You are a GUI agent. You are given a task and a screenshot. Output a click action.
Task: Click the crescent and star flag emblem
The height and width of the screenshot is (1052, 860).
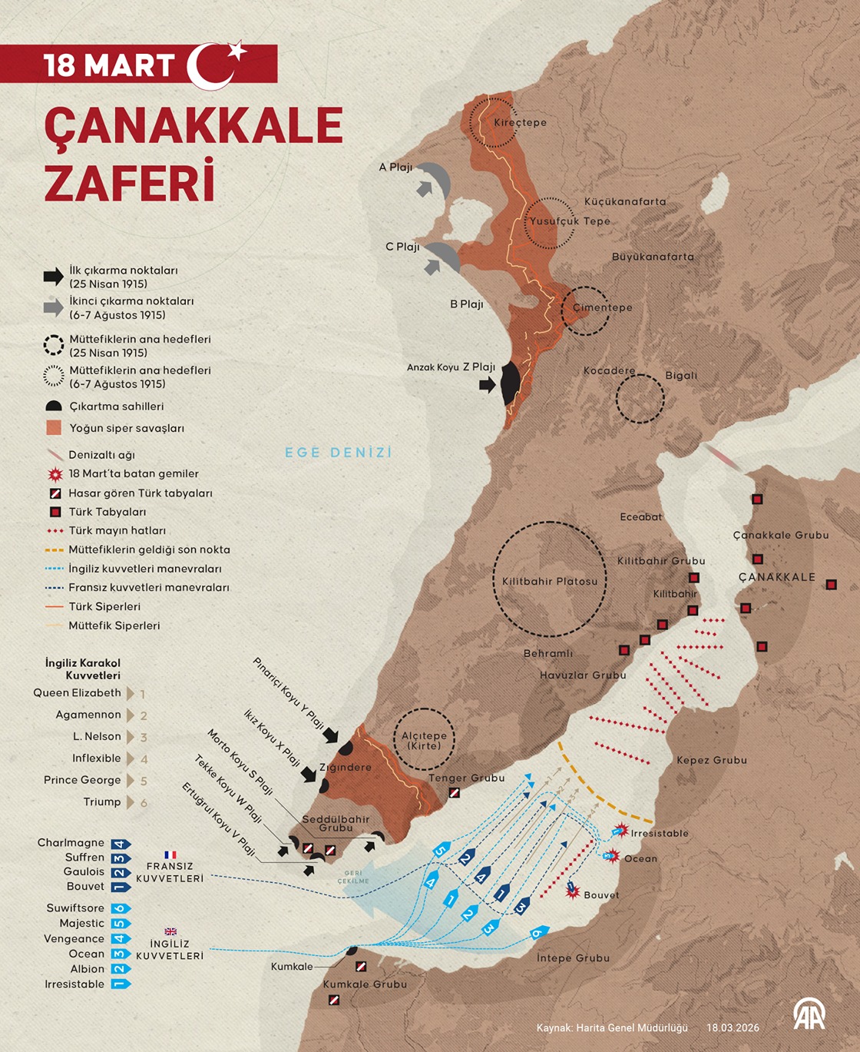217,65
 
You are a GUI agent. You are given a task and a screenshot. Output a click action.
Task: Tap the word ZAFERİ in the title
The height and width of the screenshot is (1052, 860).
128,182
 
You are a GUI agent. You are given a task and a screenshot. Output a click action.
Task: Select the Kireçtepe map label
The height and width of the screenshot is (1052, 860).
520,122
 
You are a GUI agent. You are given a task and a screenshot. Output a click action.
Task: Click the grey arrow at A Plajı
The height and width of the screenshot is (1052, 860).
425,188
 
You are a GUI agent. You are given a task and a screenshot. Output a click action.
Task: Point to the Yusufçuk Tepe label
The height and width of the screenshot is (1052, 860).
569,221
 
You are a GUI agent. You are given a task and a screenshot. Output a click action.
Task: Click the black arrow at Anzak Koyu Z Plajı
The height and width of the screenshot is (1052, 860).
487,385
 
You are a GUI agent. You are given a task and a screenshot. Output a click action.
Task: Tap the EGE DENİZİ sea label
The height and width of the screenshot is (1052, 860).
338,453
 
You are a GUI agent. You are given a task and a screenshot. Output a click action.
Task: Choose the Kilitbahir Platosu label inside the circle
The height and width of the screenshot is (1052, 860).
549,582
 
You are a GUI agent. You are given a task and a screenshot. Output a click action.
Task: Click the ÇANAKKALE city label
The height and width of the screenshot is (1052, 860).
776,577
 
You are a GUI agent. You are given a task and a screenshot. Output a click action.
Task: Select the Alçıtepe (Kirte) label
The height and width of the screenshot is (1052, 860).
424,740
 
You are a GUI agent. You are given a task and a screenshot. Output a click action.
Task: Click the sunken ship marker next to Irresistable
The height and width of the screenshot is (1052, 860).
620,831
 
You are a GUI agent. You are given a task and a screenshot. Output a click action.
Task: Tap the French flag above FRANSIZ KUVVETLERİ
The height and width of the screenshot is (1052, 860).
170,855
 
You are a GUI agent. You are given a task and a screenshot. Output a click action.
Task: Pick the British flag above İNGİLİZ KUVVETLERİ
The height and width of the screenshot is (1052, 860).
170,931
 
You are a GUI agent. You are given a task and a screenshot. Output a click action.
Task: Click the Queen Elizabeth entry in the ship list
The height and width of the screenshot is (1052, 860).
77,693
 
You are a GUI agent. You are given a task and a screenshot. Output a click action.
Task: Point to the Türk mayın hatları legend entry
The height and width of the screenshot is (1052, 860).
117,531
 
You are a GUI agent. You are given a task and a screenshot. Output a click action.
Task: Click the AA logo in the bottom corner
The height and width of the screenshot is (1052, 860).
809,1014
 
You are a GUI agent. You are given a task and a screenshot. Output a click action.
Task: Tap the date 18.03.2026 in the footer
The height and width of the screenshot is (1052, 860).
733,1027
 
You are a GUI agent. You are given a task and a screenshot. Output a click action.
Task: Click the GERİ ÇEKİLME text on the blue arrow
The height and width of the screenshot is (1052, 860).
353,877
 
